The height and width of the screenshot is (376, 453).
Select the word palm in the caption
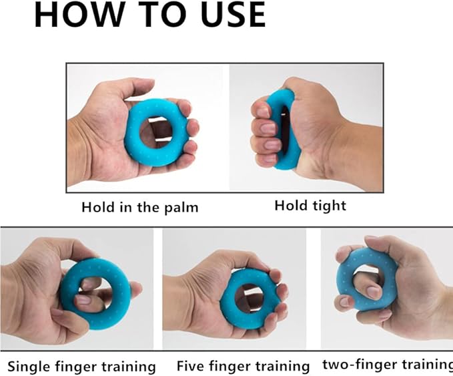point(181,208)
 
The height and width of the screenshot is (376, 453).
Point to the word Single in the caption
point(29,367)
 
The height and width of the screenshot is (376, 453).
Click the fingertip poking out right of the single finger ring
point(135,290)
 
